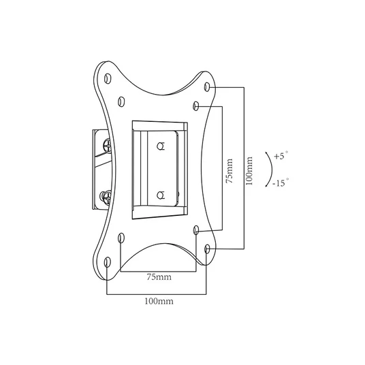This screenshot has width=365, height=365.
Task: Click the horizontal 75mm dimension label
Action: pyautogui.click(x=159, y=277)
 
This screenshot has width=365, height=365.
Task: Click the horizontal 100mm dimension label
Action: pyautogui.click(x=159, y=301)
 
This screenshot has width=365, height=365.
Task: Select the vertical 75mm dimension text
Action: pyautogui.click(x=229, y=171)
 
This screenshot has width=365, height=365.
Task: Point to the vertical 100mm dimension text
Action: pyautogui.click(x=249, y=171)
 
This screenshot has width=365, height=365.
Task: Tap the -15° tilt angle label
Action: pyautogui.click(x=281, y=182)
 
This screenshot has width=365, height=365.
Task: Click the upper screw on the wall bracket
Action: pyautogui.click(x=108, y=146)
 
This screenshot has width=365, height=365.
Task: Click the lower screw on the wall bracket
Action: pyautogui.click(x=106, y=197)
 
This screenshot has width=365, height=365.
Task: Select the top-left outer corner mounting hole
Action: pyautogui.click(x=108, y=78)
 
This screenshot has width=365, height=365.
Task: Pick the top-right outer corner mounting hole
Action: pyautogui.click(x=207, y=86)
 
